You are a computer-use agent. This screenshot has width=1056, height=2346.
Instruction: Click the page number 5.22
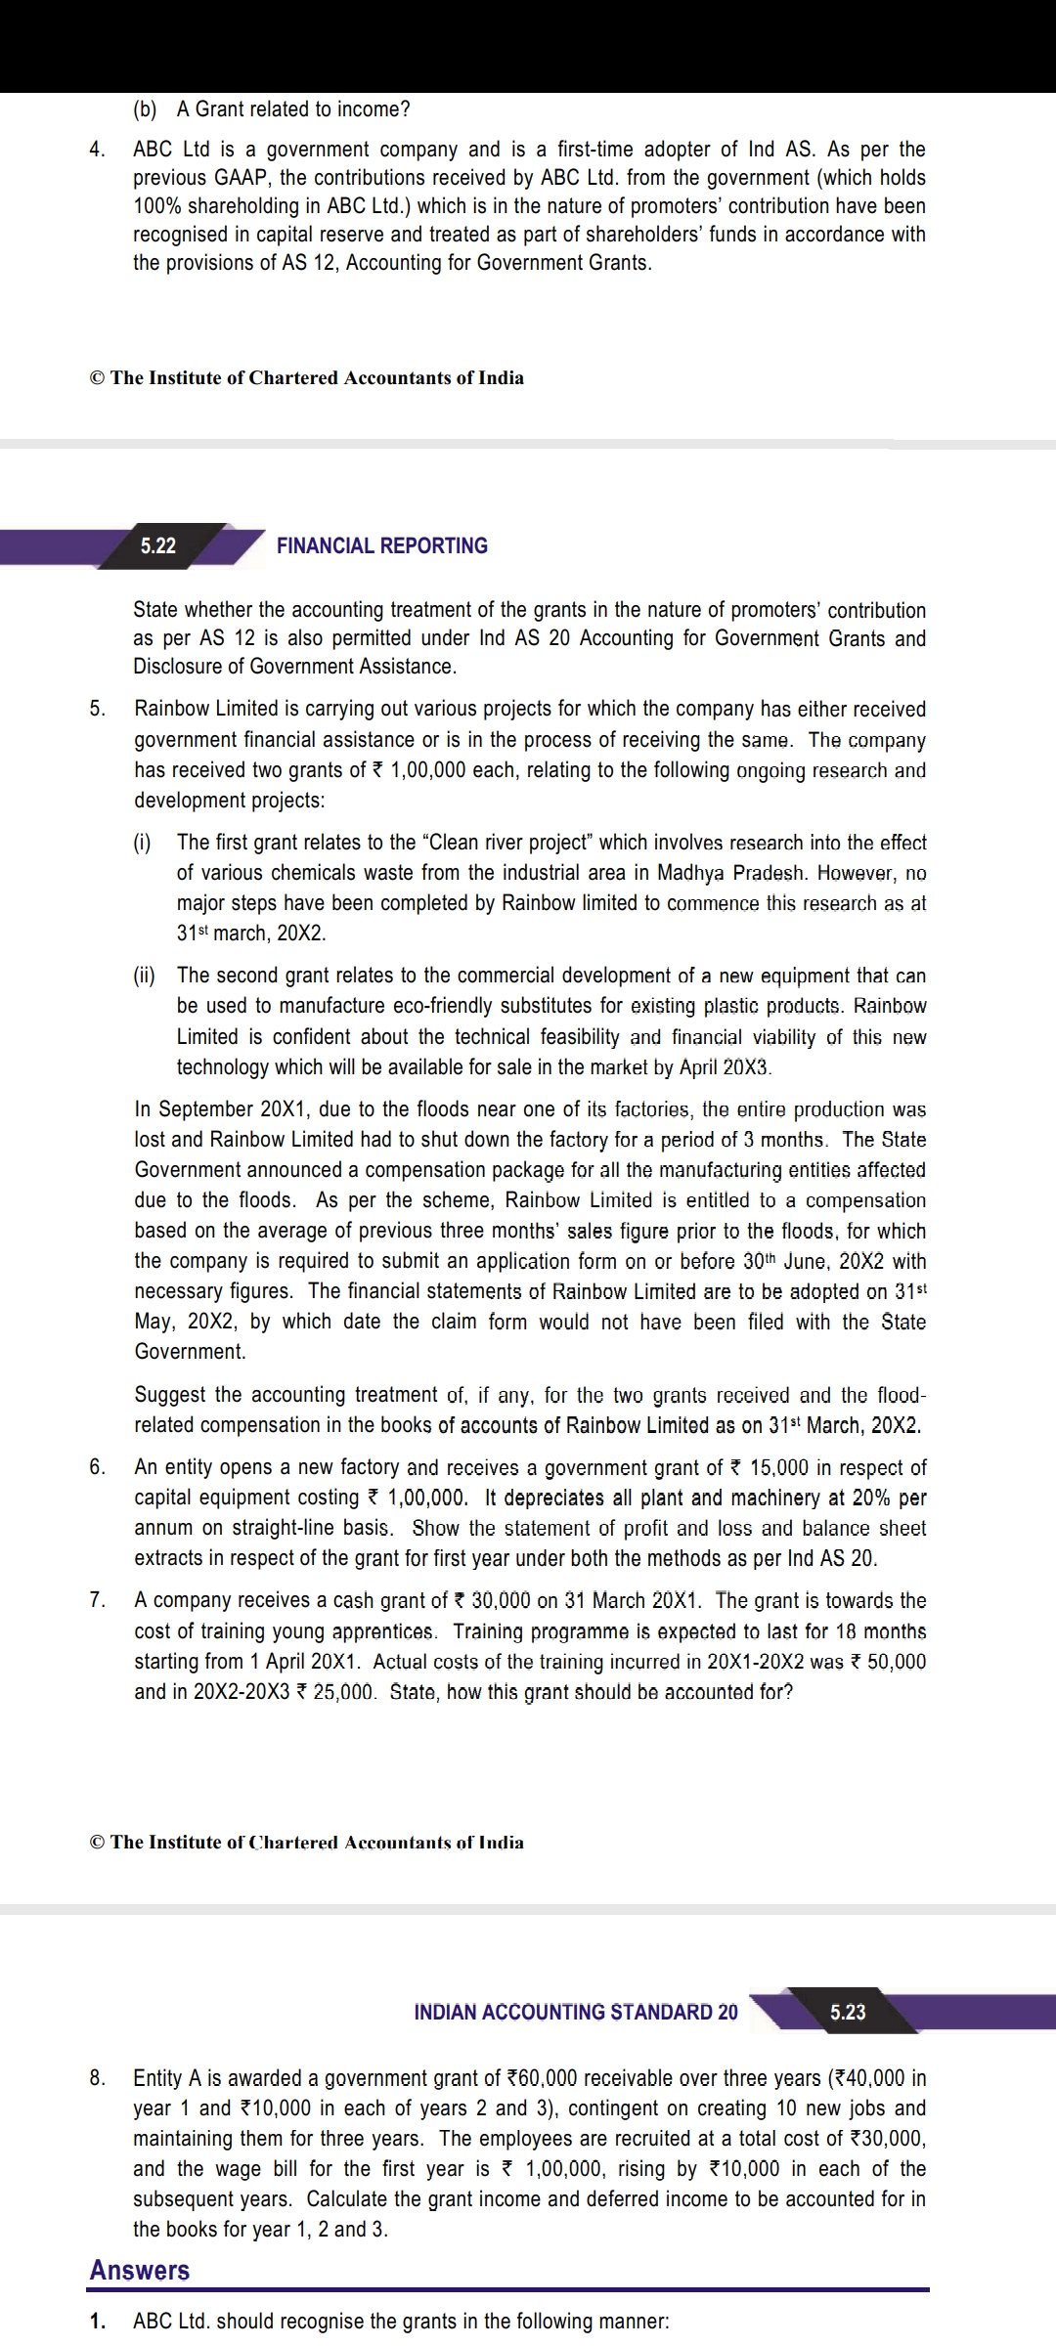158,545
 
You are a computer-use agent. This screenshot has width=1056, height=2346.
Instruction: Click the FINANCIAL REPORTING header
381,545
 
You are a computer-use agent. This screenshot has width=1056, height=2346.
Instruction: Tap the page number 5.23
848,2012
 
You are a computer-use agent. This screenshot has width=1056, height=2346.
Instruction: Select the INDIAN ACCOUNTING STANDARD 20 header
576,2012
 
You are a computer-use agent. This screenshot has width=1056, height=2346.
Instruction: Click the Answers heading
140,2270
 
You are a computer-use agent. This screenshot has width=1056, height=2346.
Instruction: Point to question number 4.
97,150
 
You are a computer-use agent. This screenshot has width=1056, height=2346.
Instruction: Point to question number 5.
97,709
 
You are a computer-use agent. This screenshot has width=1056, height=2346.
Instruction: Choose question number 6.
97,1467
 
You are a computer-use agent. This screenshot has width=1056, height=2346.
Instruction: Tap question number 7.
97,1600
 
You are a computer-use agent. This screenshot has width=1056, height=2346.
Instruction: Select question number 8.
97,2077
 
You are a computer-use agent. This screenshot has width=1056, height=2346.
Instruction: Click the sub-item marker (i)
143,843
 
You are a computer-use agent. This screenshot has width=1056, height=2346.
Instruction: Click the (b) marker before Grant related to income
145,109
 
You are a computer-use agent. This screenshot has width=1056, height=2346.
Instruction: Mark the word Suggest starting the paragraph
171,1395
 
